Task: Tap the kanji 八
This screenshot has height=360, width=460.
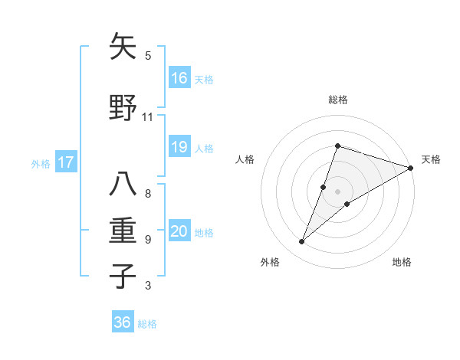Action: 123,185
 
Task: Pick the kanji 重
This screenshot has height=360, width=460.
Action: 123,231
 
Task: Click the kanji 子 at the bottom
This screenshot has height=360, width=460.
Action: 123,277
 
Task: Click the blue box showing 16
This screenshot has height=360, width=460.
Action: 179,77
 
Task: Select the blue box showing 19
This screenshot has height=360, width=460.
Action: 179,147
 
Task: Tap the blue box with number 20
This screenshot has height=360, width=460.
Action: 179,231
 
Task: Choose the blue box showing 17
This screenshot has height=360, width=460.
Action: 66,162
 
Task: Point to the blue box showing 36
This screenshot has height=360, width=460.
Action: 123,322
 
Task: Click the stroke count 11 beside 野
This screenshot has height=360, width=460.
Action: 147,117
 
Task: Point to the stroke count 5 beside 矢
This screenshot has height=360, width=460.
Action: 147,56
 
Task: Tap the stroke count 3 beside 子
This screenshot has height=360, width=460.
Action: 147,286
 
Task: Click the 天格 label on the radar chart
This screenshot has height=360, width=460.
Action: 431,159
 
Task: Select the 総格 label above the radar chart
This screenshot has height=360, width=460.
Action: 337,100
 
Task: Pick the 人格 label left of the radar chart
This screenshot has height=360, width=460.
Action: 245,159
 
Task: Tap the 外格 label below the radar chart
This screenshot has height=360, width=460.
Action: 270,262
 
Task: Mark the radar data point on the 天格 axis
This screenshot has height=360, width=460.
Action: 411,167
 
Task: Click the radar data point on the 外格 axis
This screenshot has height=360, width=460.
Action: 301,242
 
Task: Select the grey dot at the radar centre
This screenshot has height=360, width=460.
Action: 337,191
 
